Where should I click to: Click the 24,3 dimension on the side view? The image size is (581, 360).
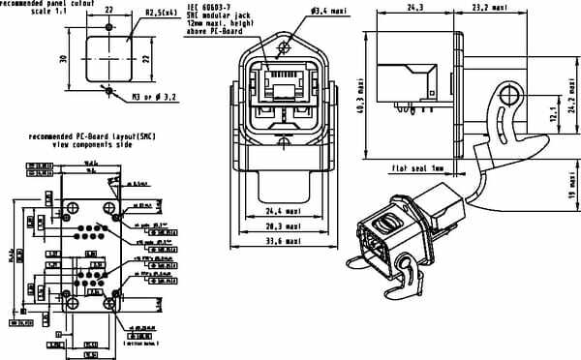[x=416, y=8]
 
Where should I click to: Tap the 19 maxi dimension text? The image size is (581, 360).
[x=573, y=193]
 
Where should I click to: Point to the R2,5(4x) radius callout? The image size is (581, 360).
[x=160, y=13]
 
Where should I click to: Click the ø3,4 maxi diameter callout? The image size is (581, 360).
[x=320, y=11]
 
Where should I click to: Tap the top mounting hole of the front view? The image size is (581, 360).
[x=282, y=46]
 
